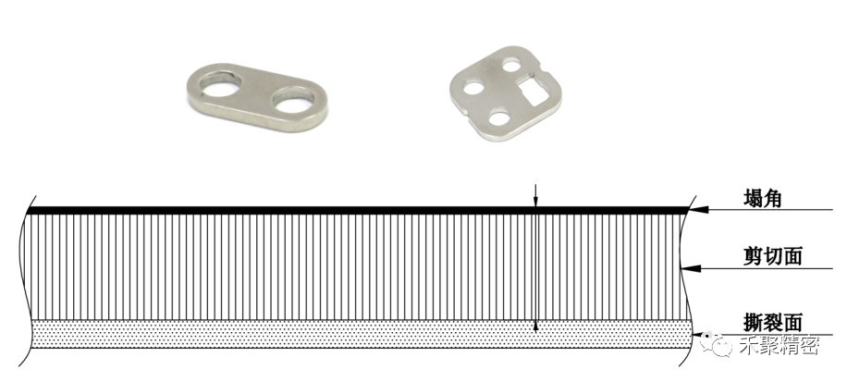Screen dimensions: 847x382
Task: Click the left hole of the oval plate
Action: [x=220, y=85]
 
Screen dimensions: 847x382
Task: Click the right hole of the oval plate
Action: [x=294, y=99]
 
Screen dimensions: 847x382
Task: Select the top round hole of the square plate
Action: [x=511, y=66]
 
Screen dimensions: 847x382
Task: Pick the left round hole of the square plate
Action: [x=473, y=86]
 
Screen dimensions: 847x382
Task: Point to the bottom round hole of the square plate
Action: [x=497, y=117]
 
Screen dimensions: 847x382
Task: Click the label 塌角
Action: [x=762, y=199]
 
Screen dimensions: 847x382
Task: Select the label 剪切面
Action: [x=772, y=256]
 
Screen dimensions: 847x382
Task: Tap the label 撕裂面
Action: [x=772, y=323]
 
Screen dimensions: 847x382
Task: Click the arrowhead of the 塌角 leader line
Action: [x=697, y=210]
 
